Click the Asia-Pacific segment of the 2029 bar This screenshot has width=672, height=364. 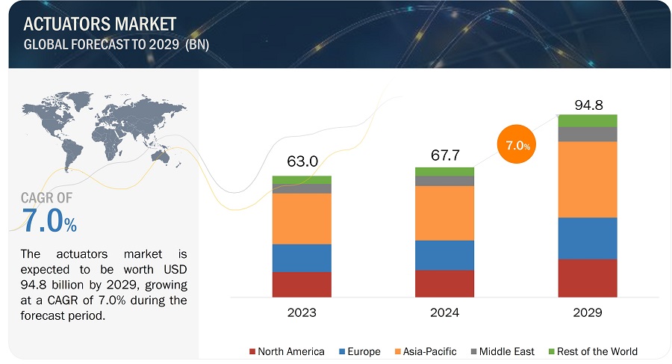588,179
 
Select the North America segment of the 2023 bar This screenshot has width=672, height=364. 302,284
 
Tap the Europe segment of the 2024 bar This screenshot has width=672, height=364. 444,255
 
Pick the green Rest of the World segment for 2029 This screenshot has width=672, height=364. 588,120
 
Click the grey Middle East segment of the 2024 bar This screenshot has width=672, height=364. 444,181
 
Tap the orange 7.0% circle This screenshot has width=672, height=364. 517,146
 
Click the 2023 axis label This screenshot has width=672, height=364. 302,312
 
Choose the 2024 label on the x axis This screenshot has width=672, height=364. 444,312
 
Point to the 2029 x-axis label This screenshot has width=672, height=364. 588,312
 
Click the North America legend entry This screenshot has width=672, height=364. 287,351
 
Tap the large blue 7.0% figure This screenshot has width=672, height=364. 49,221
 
